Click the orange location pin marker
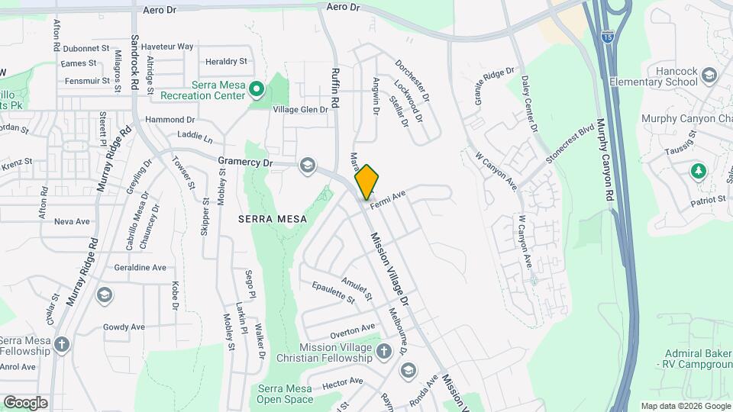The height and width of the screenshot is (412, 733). pyautogui.click(x=367, y=181)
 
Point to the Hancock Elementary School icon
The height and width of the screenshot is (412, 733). pyautogui.click(x=710, y=76)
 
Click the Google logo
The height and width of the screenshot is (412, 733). pyautogui.click(x=25, y=402)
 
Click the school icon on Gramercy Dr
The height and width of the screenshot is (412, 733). pyautogui.click(x=308, y=166)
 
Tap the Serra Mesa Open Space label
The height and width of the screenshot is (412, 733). pyautogui.click(x=285, y=394)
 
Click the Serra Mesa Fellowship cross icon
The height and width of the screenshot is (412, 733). pyautogui.click(x=60, y=344)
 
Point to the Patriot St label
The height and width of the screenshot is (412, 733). pyautogui.click(x=707, y=200)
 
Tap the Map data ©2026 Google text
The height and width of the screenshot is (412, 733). pyautogui.click(x=686, y=406)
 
